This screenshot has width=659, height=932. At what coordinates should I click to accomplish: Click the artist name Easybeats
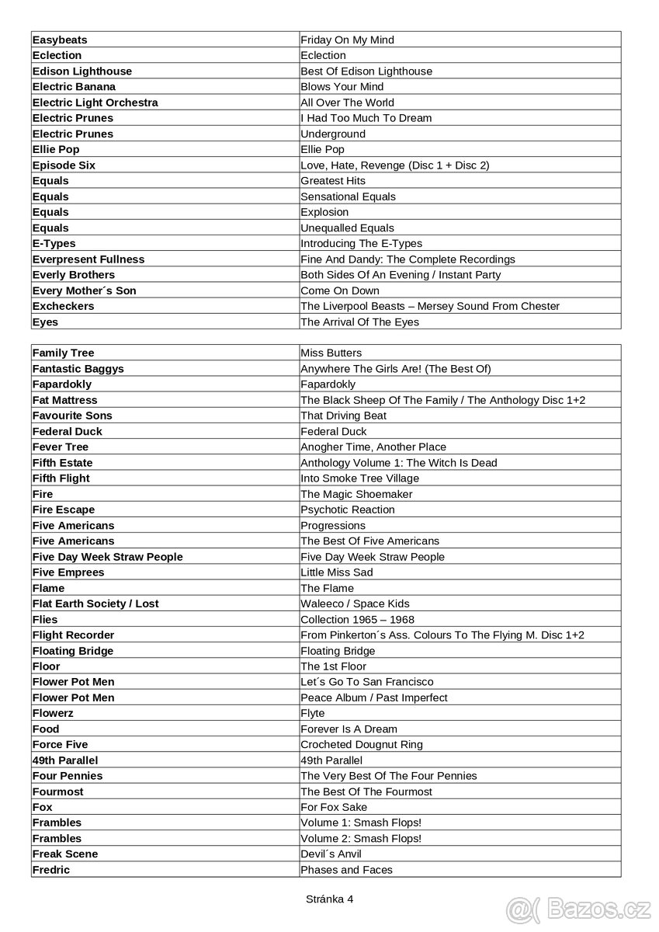pos(60,40)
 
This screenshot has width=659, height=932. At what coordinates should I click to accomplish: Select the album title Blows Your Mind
pos(342,87)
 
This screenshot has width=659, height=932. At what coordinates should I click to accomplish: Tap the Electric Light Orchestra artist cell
pos(95,103)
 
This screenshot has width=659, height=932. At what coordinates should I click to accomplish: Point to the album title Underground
pos(333,134)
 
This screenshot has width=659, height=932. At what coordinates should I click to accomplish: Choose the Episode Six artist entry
pos(64,165)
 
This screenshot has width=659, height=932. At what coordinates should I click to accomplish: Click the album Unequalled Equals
pos(347,228)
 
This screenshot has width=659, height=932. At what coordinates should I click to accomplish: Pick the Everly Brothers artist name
pos(73,275)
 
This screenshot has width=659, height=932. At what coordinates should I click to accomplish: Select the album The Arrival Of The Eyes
pos(359,322)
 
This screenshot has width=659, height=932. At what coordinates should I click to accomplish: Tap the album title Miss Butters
pos(331,353)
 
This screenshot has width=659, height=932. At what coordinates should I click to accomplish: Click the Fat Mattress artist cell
pos(65,400)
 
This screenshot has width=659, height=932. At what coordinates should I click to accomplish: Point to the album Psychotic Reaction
pos(348,509)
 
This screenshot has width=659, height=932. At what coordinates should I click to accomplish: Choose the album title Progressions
pos(333,525)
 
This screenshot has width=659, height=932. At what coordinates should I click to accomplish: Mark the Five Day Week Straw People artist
pos(107,557)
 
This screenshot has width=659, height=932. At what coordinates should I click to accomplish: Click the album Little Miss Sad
pos(337,572)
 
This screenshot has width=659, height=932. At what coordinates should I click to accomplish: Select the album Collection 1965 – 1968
pos(357,619)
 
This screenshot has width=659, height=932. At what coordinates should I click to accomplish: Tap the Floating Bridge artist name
pos(73,651)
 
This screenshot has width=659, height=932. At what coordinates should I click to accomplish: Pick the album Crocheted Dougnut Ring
pos(362,744)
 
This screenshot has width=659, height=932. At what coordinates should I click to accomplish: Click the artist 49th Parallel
pos(65,760)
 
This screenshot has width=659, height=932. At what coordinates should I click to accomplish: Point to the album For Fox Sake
pos(334,807)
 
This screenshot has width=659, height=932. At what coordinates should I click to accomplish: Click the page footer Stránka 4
pos(329,899)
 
